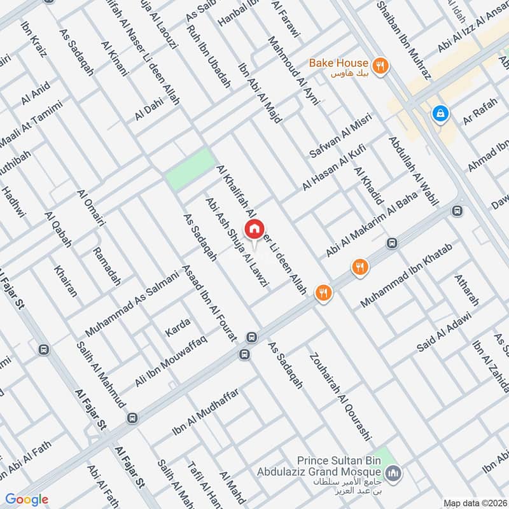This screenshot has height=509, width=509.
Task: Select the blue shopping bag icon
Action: click(x=439, y=115)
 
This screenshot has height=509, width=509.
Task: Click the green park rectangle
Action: click(x=190, y=169)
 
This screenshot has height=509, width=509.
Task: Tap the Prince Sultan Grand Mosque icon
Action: click(x=393, y=473)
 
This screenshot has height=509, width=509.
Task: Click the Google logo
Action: click(x=27, y=499)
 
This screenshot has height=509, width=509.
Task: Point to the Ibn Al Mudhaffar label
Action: click(x=205, y=413)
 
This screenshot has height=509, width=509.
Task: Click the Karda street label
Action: click(x=178, y=330)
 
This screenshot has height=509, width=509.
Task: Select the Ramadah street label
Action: click(x=106, y=266)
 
